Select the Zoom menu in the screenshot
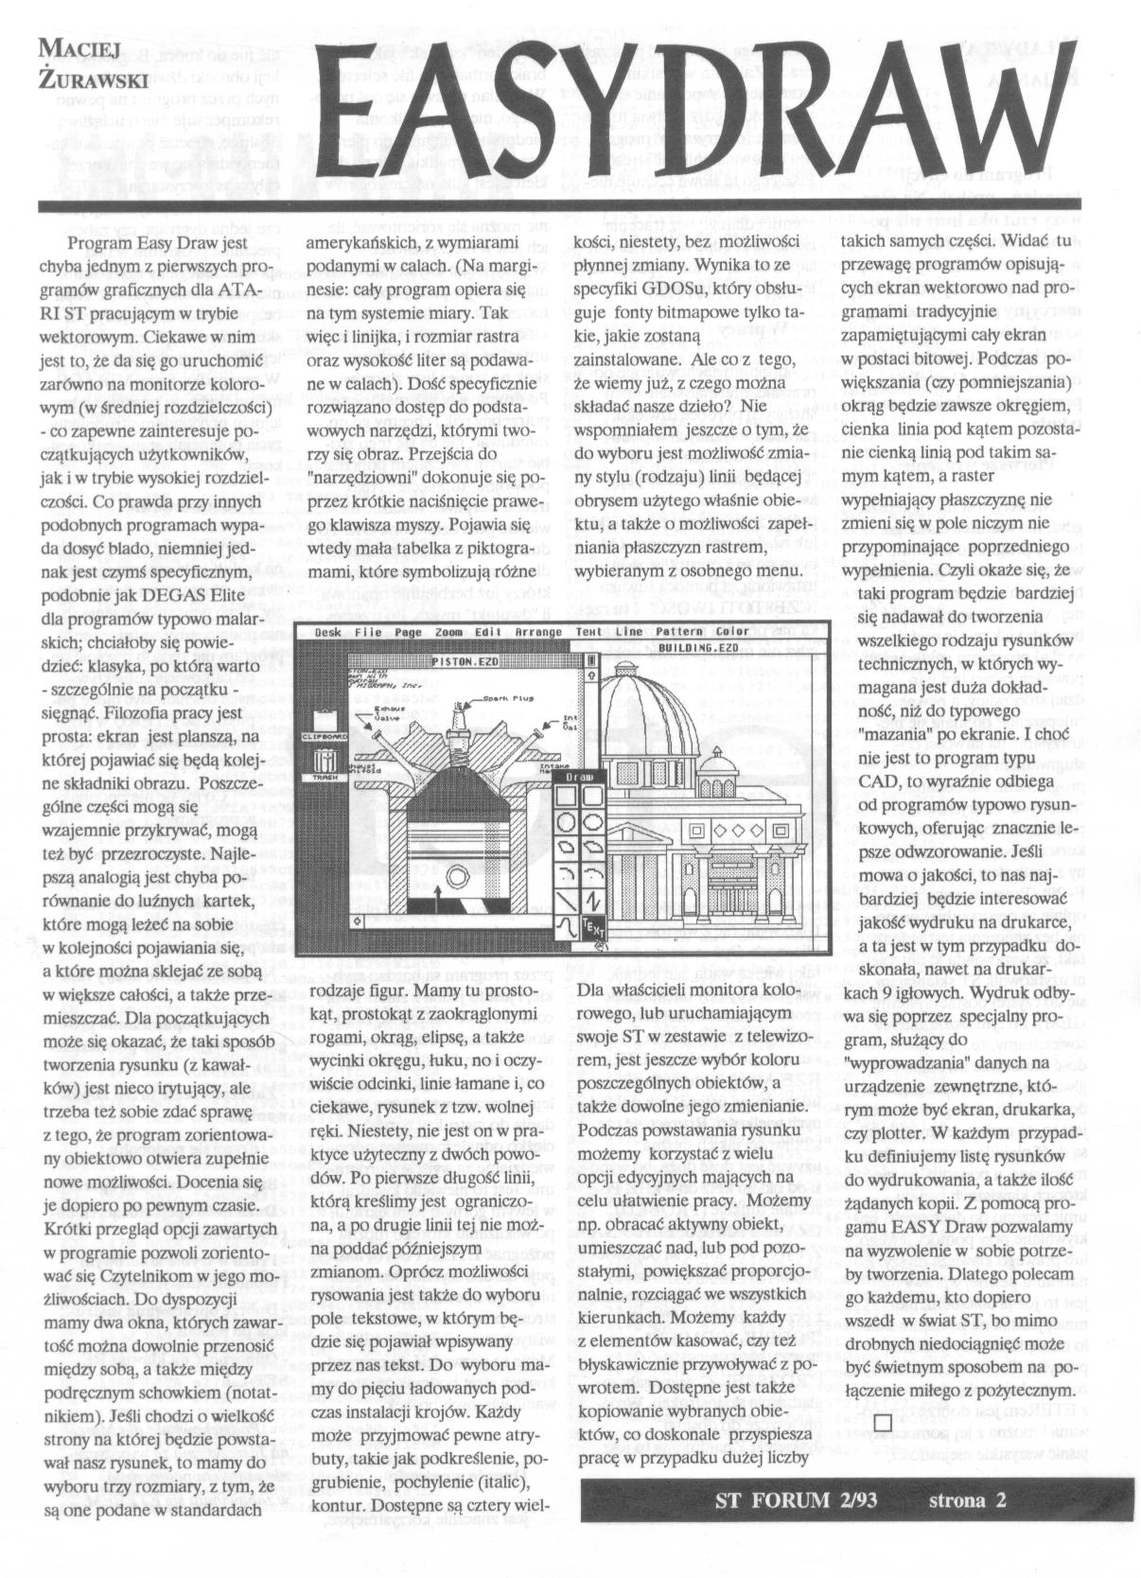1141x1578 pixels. pos(449,632)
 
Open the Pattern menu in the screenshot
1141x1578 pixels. pos(676,632)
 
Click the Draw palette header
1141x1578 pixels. pos(579,775)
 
